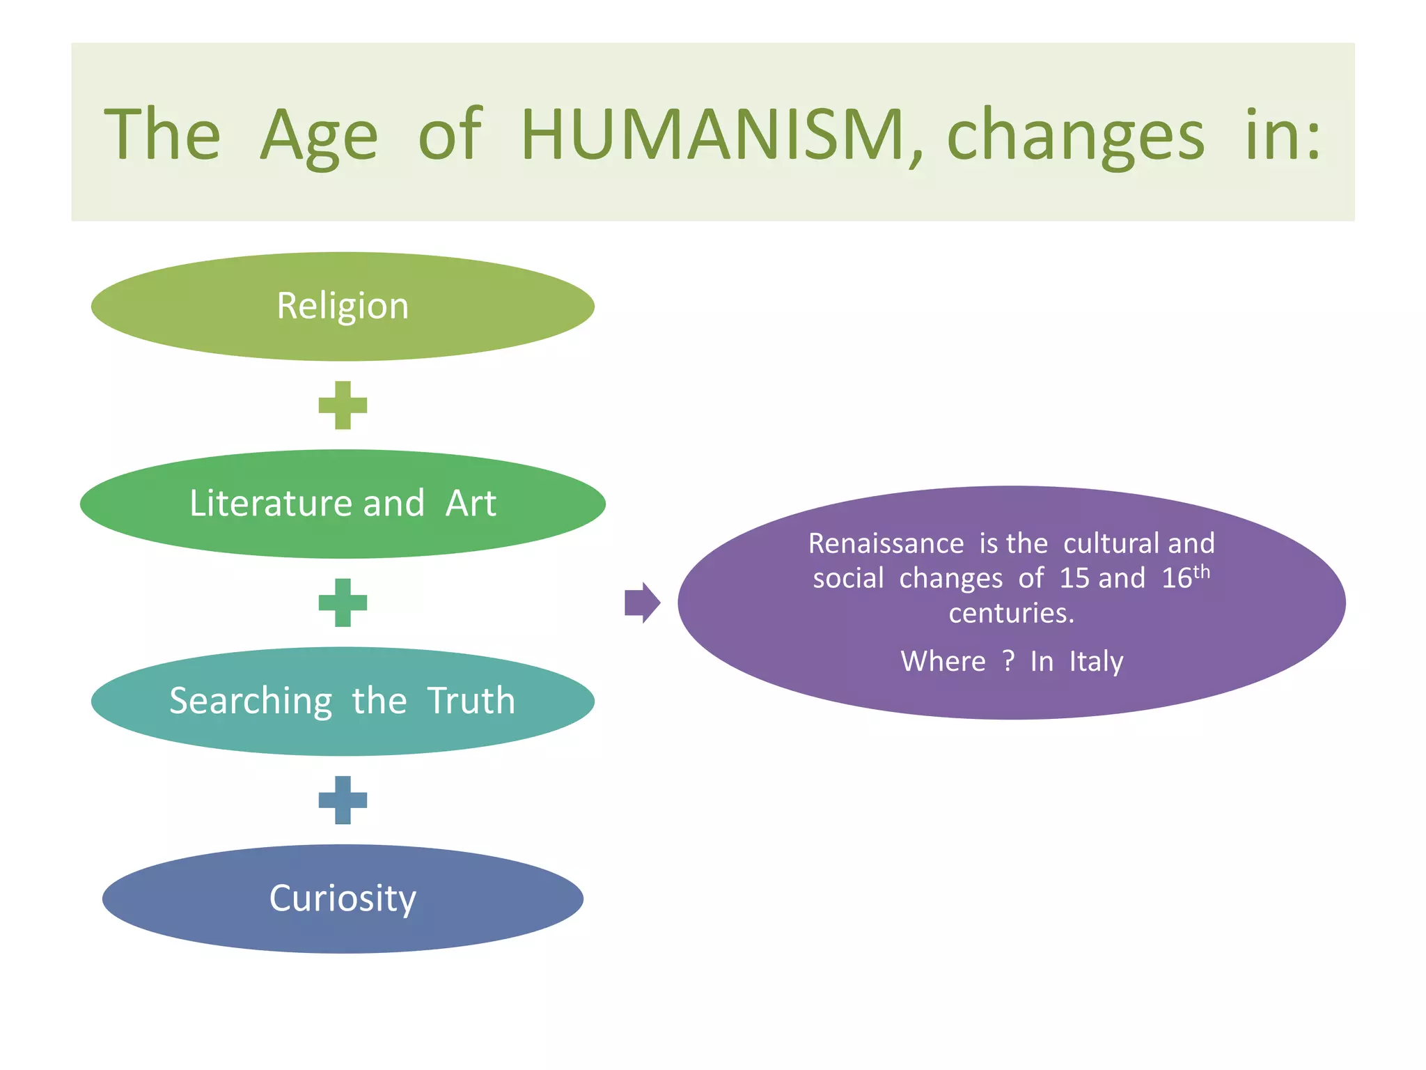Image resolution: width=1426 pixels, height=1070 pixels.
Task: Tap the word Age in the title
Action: point(319,136)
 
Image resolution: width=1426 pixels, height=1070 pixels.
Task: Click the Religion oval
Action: point(343,307)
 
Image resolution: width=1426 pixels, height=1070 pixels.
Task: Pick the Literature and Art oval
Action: point(343,504)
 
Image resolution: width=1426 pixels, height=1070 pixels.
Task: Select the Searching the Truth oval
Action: point(343,701)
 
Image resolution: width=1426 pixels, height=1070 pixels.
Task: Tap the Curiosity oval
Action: point(343,899)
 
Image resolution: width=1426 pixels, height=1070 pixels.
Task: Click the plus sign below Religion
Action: point(343,405)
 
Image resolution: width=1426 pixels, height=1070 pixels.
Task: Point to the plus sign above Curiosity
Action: point(343,800)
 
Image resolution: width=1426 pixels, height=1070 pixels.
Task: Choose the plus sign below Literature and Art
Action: point(343,603)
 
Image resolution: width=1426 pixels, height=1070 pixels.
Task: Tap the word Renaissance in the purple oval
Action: point(886,543)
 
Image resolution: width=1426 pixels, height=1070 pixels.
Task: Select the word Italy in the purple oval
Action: point(1096,662)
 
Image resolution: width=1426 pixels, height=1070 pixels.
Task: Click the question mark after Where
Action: point(1008,660)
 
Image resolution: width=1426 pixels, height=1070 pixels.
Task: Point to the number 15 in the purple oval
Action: point(1074,578)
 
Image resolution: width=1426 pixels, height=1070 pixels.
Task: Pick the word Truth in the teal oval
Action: point(471,701)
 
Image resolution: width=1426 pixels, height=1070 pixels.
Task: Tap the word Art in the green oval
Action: point(471,504)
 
